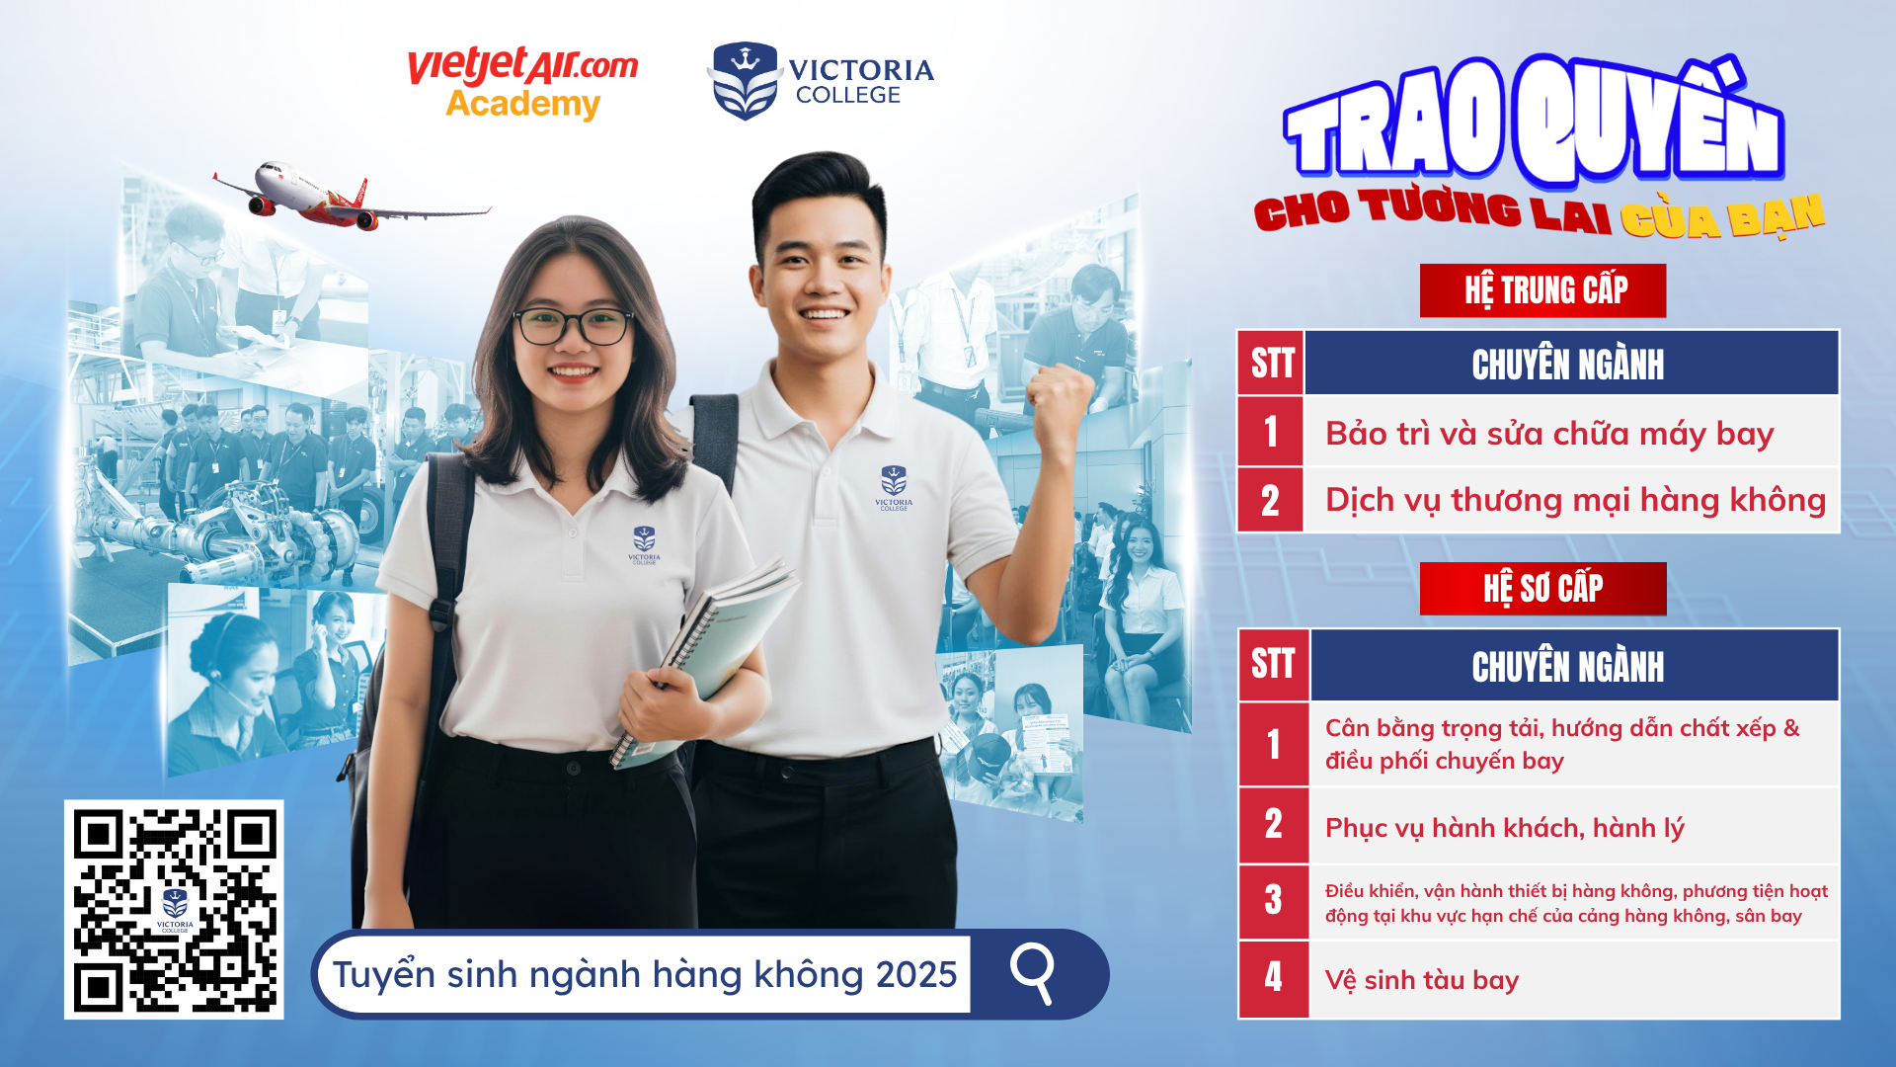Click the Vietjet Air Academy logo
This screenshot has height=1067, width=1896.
522,84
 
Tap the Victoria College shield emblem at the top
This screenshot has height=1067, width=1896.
745,81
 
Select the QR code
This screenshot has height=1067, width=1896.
174,909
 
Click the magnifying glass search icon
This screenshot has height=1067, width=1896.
1033,973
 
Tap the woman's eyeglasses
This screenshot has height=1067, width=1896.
573,326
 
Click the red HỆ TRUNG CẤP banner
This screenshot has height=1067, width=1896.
1542,290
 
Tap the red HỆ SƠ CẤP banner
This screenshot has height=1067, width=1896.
1542,589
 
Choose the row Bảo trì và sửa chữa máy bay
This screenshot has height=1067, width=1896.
1548,434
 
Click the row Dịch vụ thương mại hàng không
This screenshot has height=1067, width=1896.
1574,500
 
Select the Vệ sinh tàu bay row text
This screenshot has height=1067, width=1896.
1421,980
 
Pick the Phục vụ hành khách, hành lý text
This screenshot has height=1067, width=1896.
1504,828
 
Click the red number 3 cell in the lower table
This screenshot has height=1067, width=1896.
1273,901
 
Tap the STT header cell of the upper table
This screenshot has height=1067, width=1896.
1271,364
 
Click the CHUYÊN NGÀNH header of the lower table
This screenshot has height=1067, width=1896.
1568,666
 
